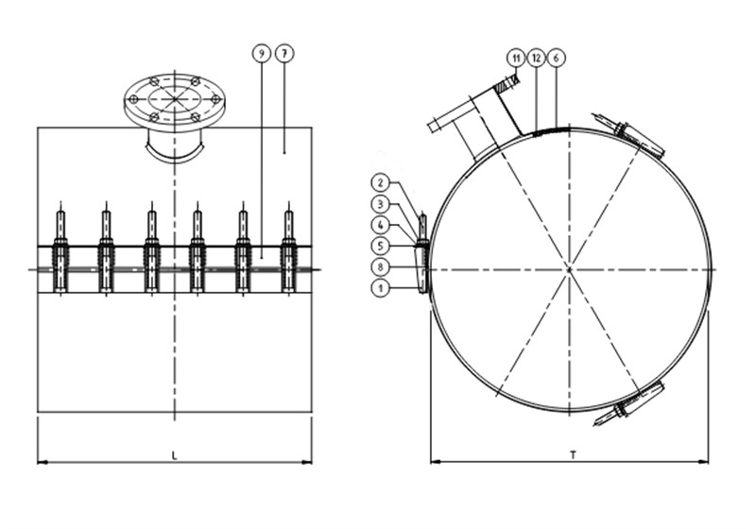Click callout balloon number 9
click(x=262, y=54)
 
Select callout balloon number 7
click(x=284, y=54)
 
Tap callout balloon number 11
click(x=516, y=59)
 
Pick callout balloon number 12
click(x=536, y=59)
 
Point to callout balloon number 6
click(x=556, y=59)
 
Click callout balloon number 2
click(x=381, y=182)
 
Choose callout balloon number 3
click(x=381, y=204)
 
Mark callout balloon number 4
click(x=381, y=225)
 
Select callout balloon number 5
click(x=381, y=246)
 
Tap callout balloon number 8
click(x=381, y=267)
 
